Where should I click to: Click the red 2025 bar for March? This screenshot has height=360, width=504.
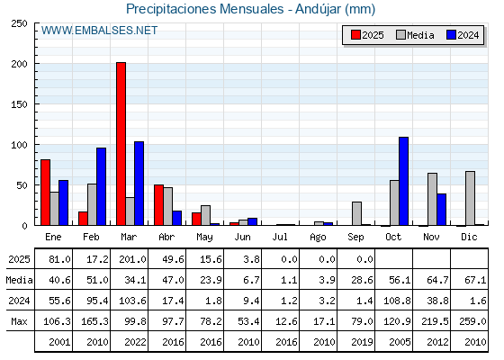pyautogui.click(x=121, y=144)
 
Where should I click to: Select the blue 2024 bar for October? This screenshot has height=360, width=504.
pyautogui.click(x=403, y=181)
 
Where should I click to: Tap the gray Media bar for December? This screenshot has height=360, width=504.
pyautogui.click(x=470, y=198)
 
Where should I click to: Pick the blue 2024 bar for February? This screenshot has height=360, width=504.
pyautogui.click(x=101, y=186)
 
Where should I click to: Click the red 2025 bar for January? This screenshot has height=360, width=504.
pyautogui.click(x=45, y=193)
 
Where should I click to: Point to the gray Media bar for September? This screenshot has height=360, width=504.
pyautogui.click(x=356, y=213)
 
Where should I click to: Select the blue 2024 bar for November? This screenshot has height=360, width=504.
pyautogui.click(x=441, y=210)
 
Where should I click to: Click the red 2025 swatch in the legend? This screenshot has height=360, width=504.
pyautogui.click(x=355, y=35)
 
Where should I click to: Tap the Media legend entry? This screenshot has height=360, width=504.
pyautogui.click(x=415, y=35)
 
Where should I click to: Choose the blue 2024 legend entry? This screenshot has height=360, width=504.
pyautogui.click(x=463, y=35)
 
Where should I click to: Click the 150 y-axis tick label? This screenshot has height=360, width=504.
pyautogui.click(x=19, y=104)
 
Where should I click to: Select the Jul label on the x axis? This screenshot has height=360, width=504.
pyautogui.click(x=280, y=237)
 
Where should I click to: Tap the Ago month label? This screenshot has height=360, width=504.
pyautogui.click(x=318, y=238)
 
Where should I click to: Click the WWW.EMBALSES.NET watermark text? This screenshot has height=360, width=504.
pyautogui.click(x=99, y=31)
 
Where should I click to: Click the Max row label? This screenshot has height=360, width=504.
pyautogui.click(x=19, y=321)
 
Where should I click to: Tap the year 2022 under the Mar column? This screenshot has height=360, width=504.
pyautogui.click(x=135, y=342)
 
